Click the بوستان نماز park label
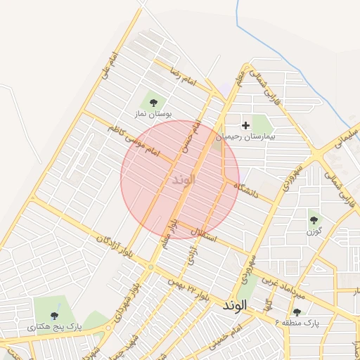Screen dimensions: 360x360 coord(153,113)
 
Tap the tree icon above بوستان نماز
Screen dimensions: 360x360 coord(153,103)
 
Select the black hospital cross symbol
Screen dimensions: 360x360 coord(245,124)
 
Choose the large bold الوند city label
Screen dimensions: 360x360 coord(237,307)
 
